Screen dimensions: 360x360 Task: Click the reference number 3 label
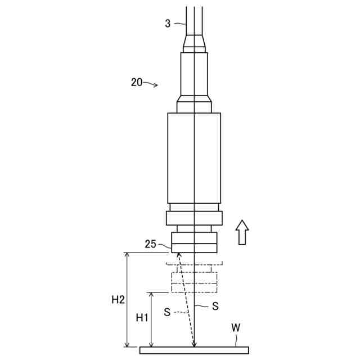168,23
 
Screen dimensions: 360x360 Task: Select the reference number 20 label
137,82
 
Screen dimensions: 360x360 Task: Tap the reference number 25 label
151,244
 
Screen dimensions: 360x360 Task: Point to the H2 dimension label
118,300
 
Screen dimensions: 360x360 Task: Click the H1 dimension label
142,318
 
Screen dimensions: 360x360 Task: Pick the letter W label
236,328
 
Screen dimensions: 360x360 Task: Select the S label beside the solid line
215,306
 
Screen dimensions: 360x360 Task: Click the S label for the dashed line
168,312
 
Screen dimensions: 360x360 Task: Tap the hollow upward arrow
242,232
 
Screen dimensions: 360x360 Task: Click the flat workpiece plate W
194,350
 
